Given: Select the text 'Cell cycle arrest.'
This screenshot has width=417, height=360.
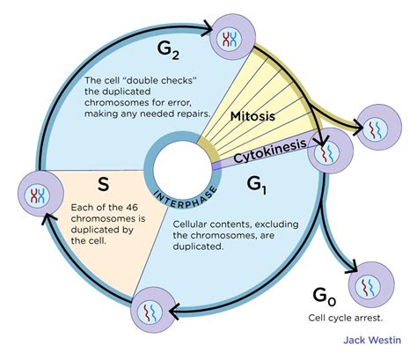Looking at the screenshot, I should pos(343,317).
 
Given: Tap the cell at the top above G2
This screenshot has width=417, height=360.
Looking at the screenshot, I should pos(231,38).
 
